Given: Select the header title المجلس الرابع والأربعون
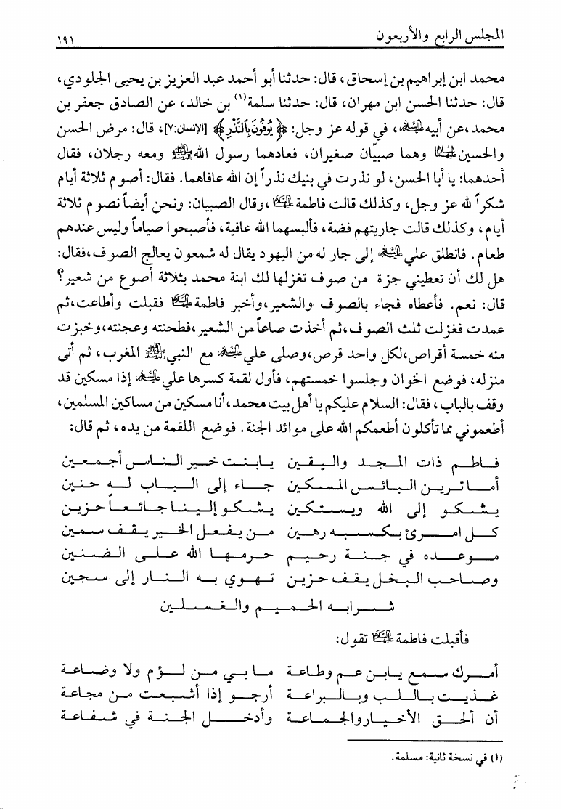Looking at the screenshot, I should click(x=439, y=36).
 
